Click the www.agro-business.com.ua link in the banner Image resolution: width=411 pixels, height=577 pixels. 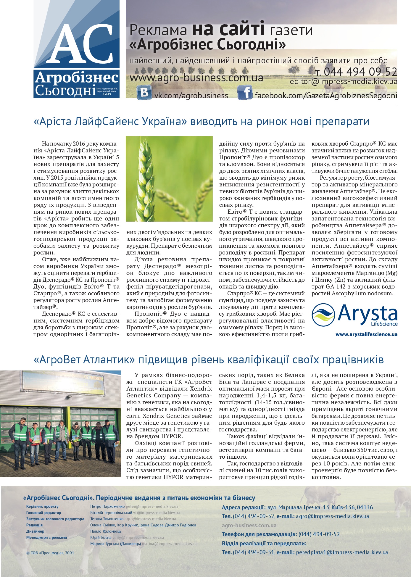196,78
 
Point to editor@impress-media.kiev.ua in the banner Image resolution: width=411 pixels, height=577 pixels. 343,82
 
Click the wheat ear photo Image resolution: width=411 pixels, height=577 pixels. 169,179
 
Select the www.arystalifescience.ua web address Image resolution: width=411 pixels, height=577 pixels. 366,334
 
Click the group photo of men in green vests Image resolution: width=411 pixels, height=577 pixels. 60,424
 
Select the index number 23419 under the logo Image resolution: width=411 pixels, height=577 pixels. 107,94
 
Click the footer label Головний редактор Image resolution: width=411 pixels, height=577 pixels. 43,513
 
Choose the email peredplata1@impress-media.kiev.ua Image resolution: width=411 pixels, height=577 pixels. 342,552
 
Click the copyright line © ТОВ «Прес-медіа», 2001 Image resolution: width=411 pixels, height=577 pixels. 50,553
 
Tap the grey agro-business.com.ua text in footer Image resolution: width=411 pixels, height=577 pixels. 249,526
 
